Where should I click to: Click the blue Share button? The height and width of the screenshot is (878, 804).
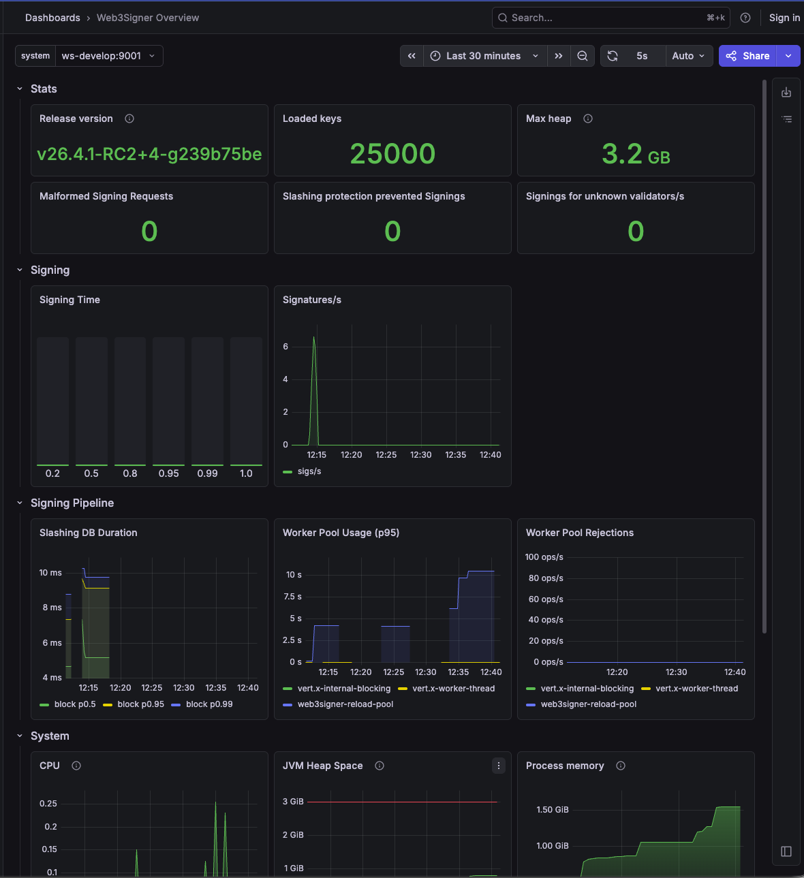coord(747,56)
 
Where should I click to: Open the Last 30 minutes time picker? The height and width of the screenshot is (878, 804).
coord(484,56)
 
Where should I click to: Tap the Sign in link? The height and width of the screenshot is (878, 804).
coord(784,18)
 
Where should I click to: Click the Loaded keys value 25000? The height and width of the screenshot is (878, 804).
coord(392,154)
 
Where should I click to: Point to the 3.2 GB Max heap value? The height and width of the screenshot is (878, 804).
coord(636,155)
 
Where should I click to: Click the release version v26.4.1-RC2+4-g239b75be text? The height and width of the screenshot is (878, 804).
coord(149,155)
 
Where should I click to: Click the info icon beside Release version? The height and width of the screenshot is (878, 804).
coord(129,119)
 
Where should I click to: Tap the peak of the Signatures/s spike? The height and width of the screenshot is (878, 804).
coord(313,337)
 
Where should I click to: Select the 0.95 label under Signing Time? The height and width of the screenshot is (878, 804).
coord(168,473)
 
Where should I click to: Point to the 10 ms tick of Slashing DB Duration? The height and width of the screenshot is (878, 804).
coord(50,572)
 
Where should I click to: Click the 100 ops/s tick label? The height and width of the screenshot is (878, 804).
coord(544,556)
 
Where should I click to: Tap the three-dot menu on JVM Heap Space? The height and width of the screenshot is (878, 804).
coord(498,766)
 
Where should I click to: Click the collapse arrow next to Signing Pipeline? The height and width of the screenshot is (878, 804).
coord(20,503)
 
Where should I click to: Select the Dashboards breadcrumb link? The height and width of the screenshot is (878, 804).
coord(52,18)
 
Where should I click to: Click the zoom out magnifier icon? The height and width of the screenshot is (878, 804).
coord(582,56)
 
